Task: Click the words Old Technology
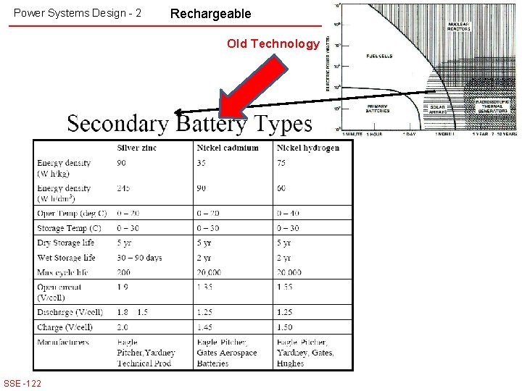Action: click(x=273, y=43)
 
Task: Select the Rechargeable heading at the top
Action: click(x=210, y=14)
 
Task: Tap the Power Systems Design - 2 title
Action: click(x=78, y=13)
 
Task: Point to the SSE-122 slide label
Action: click(x=22, y=383)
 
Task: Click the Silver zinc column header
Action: click(x=136, y=148)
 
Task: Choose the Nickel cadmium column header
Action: click(x=227, y=148)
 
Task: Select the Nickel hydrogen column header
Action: click(x=307, y=148)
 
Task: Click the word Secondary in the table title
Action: click(x=117, y=124)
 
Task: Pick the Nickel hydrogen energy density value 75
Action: click(x=281, y=163)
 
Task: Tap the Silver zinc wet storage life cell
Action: click(x=139, y=258)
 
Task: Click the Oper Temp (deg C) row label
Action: click(x=72, y=213)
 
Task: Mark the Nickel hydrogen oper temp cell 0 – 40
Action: click(x=288, y=213)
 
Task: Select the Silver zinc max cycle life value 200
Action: click(x=125, y=272)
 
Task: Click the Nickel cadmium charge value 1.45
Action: click(x=206, y=327)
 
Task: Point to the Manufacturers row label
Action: click(x=63, y=342)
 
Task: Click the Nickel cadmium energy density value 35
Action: click(x=201, y=163)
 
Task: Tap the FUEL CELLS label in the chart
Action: click(x=380, y=55)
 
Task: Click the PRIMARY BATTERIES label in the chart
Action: click(x=378, y=109)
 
